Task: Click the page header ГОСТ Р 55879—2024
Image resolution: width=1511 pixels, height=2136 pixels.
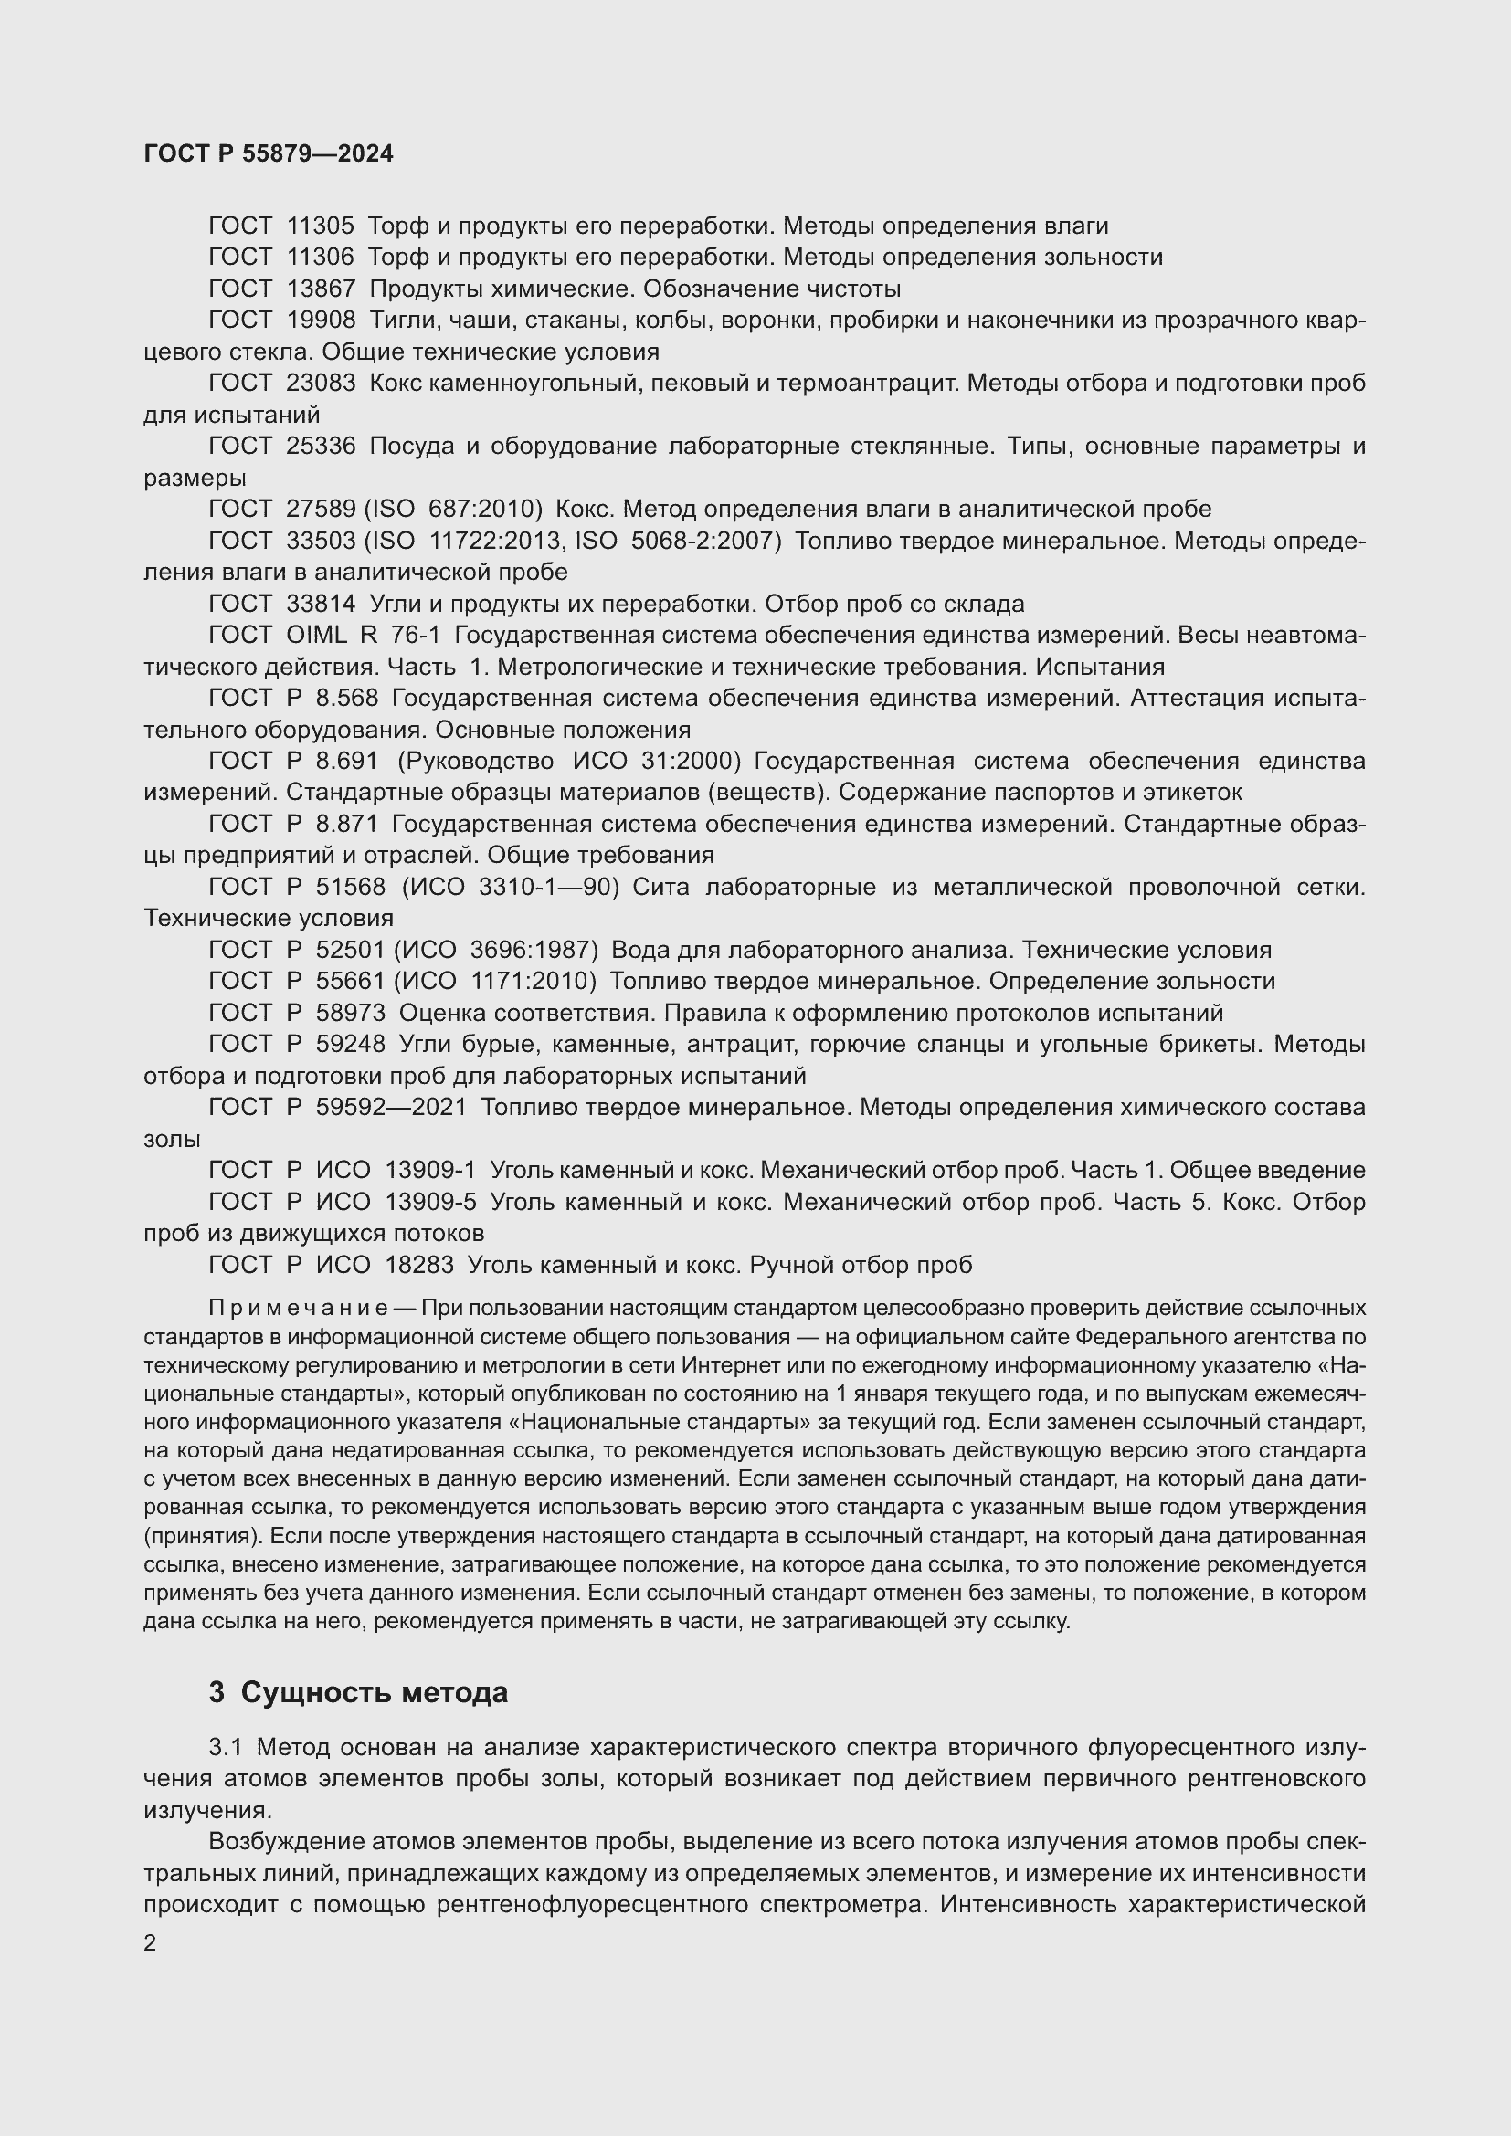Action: pos(269,153)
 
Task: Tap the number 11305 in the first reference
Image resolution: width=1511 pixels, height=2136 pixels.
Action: pos(321,226)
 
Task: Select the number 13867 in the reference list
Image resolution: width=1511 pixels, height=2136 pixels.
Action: pos(321,289)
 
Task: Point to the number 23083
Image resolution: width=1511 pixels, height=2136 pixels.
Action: pos(321,384)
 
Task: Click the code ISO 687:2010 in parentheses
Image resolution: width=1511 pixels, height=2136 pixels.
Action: pos(453,509)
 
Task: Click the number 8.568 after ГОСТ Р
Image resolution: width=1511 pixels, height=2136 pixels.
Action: pos(347,698)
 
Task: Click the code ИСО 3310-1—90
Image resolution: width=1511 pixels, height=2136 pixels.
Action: pos(511,887)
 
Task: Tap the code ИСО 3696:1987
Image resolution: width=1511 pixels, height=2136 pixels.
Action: pos(497,950)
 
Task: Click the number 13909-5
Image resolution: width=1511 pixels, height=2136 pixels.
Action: pos(430,1202)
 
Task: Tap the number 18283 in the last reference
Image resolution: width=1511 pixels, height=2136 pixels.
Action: pos(418,1264)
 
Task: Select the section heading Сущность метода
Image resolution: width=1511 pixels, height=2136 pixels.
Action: pos(374,1692)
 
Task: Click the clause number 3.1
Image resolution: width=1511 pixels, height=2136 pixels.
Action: pos(225,1748)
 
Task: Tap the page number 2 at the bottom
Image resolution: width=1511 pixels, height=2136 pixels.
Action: pos(150,1943)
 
